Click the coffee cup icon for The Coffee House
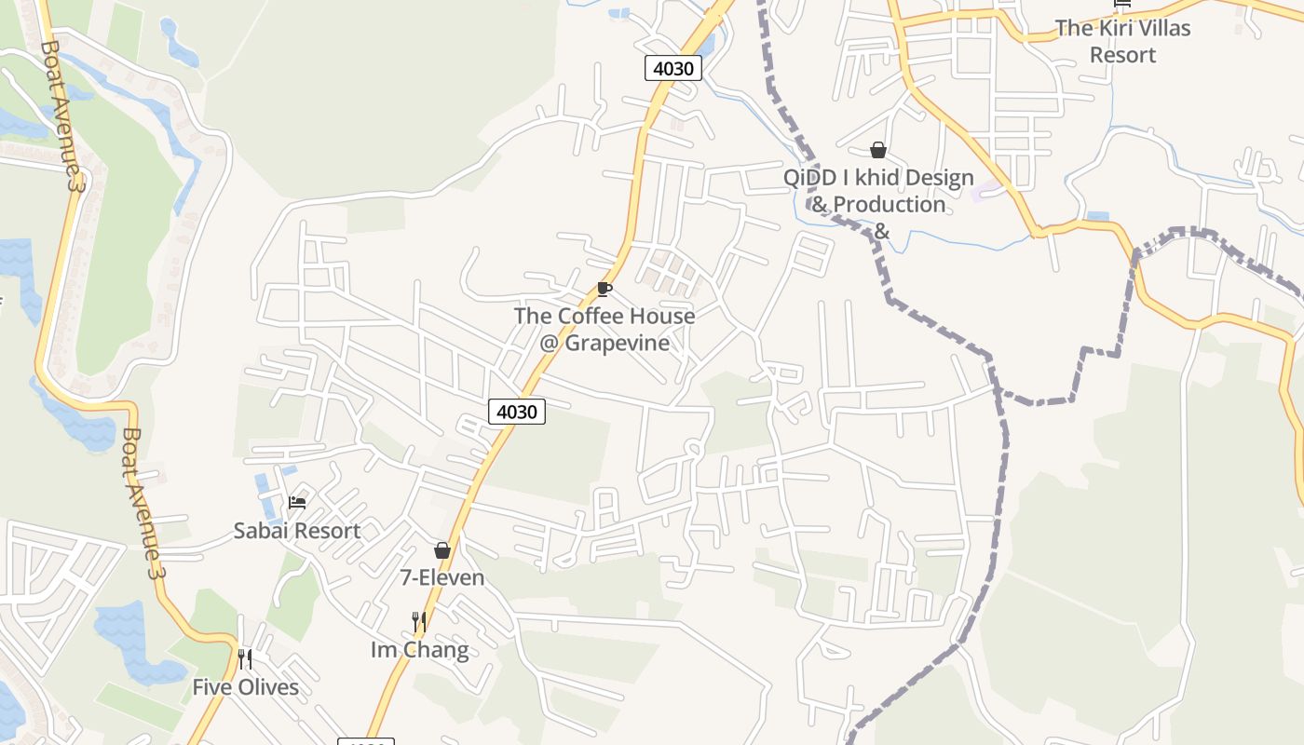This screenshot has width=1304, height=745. pyautogui.click(x=604, y=289)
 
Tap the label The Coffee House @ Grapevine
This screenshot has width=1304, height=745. pyautogui.click(x=604, y=330)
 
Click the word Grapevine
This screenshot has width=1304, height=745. pyautogui.click(x=618, y=344)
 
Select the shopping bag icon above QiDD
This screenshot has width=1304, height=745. pyautogui.click(x=877, y=150)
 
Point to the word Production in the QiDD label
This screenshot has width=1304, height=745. pyautogui.click(x=890, y=205)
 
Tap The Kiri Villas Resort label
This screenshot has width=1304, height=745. pyautogui.click(x=1122, y=41)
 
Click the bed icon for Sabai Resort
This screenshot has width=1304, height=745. pyautogui.click(x=297, y=503)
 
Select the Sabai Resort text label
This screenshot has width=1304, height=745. pyautogui.click(x=297, y=532)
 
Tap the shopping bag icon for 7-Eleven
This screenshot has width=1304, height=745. pyautogui.click(x=442, y=550)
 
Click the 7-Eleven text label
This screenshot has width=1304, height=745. pyautogui.click(x=442, y=578)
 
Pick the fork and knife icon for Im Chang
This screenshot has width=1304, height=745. pyautogui.click(x=419, y=621)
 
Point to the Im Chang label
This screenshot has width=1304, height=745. pyautogui.click(x=419, y=650)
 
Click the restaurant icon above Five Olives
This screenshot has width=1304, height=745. pyautogui.click(x=245, y=659)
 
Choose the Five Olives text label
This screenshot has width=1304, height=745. pyautogui.click(x=246, y=688)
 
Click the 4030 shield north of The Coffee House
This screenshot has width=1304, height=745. pyautogui.click(x=672, y=68)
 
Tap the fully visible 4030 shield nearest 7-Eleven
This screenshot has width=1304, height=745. pyautogui.click(x=516, y=412)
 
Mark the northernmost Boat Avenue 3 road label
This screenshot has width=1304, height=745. pyautogui.click(x=61, y=115)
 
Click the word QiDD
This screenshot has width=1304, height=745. pyautogui.click(x=807, y=178)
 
